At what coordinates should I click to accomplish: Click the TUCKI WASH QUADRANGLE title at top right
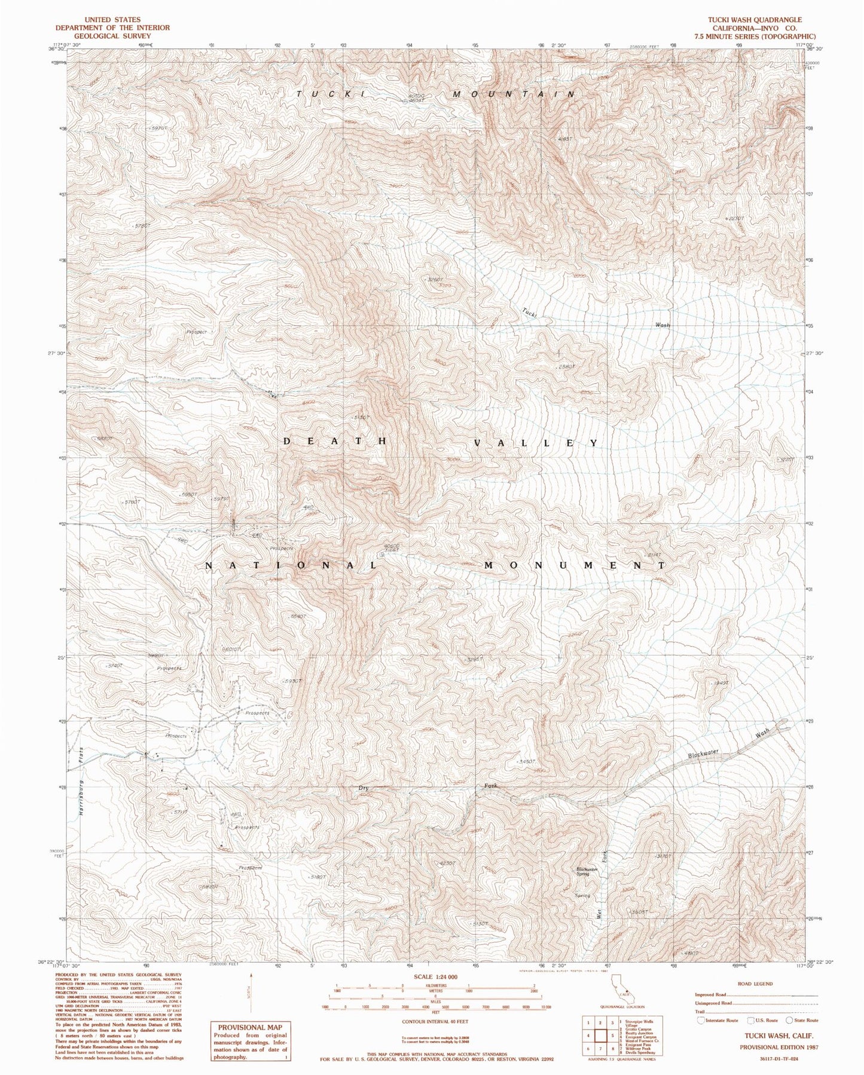(x=755, y=20)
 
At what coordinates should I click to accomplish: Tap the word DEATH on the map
(x=337, y=441)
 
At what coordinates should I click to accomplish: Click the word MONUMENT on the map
(x=574, y=565)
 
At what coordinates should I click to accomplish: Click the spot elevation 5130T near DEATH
(x=362, y=417)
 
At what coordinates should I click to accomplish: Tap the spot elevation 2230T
(x=736, y=219)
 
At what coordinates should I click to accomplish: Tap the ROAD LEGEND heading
(x=755, y=984)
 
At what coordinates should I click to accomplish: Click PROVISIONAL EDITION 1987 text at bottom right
(x=778, y=1048)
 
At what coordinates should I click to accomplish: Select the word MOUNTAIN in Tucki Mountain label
(x=514, y=94)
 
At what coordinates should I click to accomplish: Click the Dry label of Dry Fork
(x=363, y=788)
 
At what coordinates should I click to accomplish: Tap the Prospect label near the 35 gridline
(x=196, y=332)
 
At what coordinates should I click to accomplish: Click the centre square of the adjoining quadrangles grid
(x=600, y=1036)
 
